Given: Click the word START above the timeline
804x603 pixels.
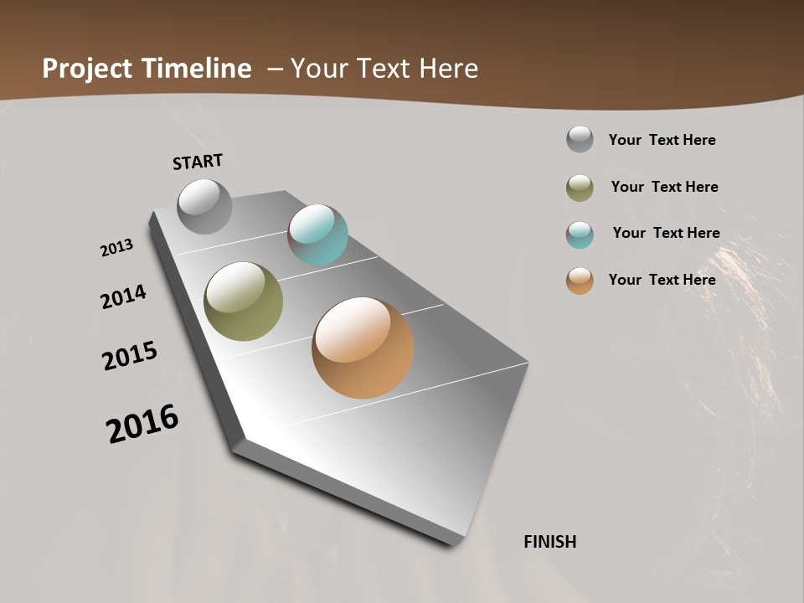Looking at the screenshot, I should (x=198, y=162).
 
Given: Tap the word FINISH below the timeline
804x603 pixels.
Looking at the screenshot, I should (x=550, y=542).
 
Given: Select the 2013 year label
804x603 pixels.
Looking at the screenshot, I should (x=117, y=248).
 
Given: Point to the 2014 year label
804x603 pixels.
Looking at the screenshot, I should (x=123, y=296).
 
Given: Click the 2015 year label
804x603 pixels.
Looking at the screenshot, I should (x=130, y=355).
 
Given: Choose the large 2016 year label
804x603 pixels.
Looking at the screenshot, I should (x=142, y=423).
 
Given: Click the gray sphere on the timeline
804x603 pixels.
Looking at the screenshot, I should (x=204, y=206).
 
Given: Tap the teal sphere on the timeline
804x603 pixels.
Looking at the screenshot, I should (x=317, y=234).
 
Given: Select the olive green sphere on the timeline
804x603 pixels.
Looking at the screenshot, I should (x=243, y=301).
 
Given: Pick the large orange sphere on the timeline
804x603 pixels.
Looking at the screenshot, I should (x=363, y=348).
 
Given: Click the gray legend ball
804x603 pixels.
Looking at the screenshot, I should (x=580, y=139).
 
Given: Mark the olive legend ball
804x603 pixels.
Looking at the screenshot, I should (x=580, y=188).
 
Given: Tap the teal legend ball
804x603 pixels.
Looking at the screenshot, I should (x=580, y=234).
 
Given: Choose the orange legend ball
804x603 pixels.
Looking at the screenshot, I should (x=580, y=281).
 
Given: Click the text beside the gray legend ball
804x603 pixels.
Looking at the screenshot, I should (x=662, y=140).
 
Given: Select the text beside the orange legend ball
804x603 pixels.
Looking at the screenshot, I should (x=662, y=280).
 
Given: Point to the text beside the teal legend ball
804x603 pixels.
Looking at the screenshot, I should (x=666, y=233).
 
